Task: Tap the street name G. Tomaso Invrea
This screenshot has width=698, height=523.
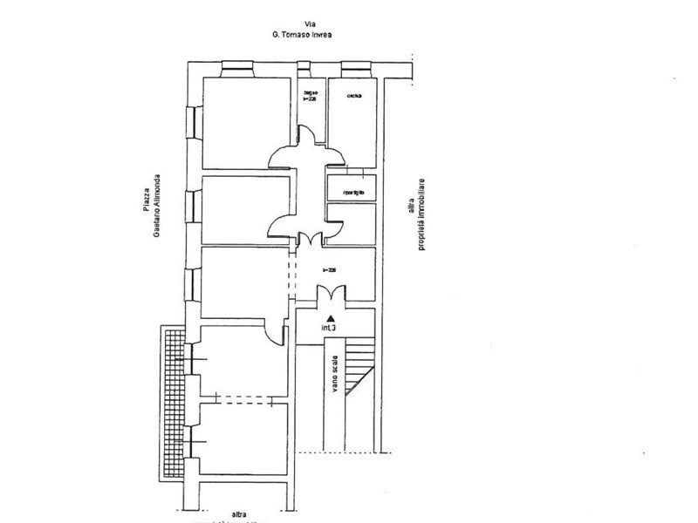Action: pyautogui.click(x=303, y=36)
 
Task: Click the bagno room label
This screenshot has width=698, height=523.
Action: pyautogui.click(x=310, y=93)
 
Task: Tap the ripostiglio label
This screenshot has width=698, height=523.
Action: pyautogui.click(x=352, y=191)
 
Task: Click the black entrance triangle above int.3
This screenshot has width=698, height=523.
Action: pyautogui.click(x=330, y=318)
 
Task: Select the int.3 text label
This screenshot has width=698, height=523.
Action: pyautogui.click(x=329, y=329)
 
